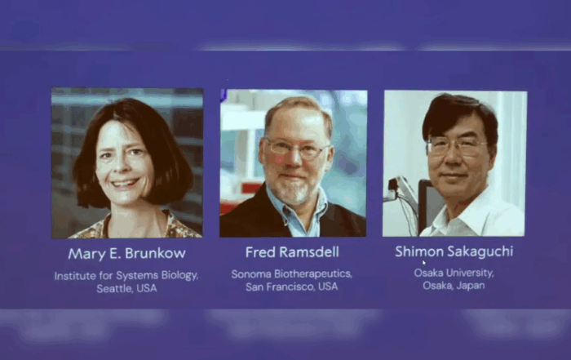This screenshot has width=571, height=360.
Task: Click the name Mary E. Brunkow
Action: [126, 254]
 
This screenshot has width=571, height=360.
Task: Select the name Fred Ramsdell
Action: [292, 252]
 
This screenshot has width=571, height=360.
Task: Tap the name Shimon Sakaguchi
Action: [454, 251]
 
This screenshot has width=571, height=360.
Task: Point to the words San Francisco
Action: [280, 287]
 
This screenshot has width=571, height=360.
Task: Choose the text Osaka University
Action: [454, 273]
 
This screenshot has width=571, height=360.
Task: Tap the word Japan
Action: [471, 285]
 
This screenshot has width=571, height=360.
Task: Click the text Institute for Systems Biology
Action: [126, 275]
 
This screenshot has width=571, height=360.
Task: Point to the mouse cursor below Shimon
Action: [424, 262]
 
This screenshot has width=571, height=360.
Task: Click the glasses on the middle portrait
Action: [297, 149]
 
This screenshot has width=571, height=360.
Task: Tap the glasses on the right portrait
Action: [457, 147]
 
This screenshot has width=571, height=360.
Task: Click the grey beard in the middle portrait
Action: [295, 189]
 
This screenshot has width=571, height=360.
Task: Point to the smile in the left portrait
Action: [125, 184]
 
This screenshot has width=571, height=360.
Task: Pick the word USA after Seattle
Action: [147, 289]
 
